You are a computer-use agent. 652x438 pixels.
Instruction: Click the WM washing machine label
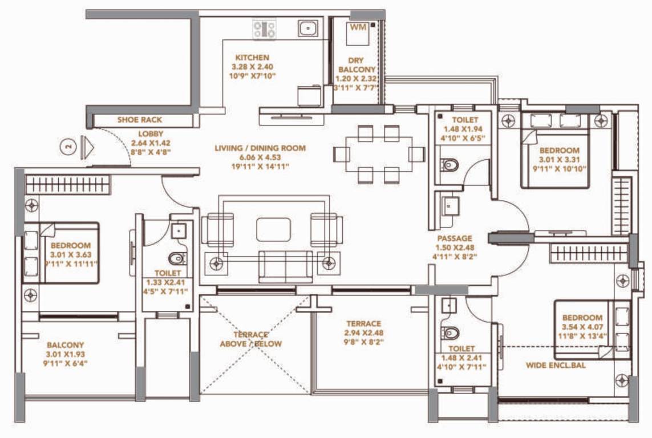point(358,27)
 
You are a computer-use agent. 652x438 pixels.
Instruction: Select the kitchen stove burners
point(265,28)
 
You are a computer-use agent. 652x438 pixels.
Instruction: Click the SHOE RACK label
point(140,120)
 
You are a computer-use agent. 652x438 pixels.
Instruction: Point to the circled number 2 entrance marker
point(67,146)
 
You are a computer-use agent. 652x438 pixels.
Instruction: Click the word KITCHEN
point(252,58)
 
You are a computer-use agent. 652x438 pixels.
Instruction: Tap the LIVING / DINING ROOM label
point(260,148)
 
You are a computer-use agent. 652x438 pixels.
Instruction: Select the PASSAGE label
point(455,238)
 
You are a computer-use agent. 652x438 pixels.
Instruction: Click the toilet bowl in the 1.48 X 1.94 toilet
point(451,165)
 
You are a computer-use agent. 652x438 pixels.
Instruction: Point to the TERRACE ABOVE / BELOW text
point(251,339)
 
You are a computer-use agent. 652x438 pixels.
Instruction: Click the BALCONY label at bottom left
point(66,345)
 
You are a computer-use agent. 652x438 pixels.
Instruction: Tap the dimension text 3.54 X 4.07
point(582,327)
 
